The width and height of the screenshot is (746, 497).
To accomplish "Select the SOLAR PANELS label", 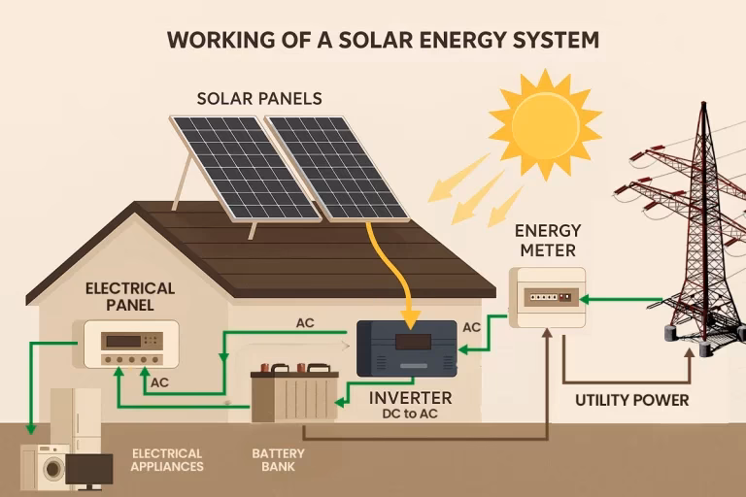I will (x=259, y=99).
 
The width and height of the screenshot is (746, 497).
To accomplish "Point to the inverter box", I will (x=407, y=347).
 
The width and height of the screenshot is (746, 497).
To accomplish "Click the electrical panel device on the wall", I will (x=131, y=345).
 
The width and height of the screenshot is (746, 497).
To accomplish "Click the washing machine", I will (x=46, y=467).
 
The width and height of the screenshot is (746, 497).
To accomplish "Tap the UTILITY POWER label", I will (x=631, y=400).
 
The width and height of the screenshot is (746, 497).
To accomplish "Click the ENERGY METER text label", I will (x=547, y=241).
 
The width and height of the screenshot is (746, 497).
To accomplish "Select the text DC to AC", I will (x=410, y=414).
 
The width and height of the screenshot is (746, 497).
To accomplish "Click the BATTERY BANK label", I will (x=278, y=459).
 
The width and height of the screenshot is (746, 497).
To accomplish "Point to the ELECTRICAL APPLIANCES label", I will (x=167, y=459).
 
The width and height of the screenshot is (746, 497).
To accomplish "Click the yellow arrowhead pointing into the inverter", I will (x=410, y=318).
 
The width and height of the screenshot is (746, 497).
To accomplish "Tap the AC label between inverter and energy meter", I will (x=472, y=327).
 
